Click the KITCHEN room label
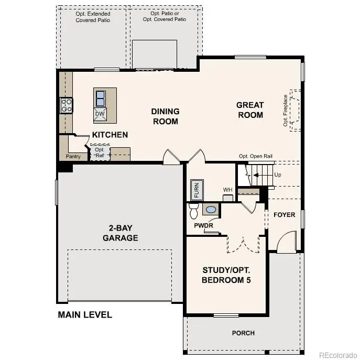pyautogui.click(x=110, y=135)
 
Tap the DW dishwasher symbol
pyautogui.click(x=100, y=114)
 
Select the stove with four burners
pyautogui.click(x=67, y=105)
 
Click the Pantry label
pyautogui.click(x=73, y=156)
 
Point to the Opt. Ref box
pyautogui.click(x=100, y=152)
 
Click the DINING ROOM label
pyautogui.click(x=165, y=116)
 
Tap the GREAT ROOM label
pyautogui.click(x=250, y=110)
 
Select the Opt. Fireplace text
pyautogui.click(x=286, y=111)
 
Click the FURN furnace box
pyautogui.click(x=197, y=190)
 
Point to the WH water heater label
pyautogui.click(x=227, y=190)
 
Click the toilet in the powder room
pyautogui.click(x=193, y=211)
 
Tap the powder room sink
pyautogui.click(x=211, y=210)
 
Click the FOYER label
pyautogui.click(x=284, y=215)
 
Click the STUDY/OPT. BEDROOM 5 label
pyautogui.click(x=226, y=275)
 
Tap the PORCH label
pyautogui.click(x=243, y=333)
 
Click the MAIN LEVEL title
pyautogui.click(x=84, y=315)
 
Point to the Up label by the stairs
pyautogui.click(x=277, y=174)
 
